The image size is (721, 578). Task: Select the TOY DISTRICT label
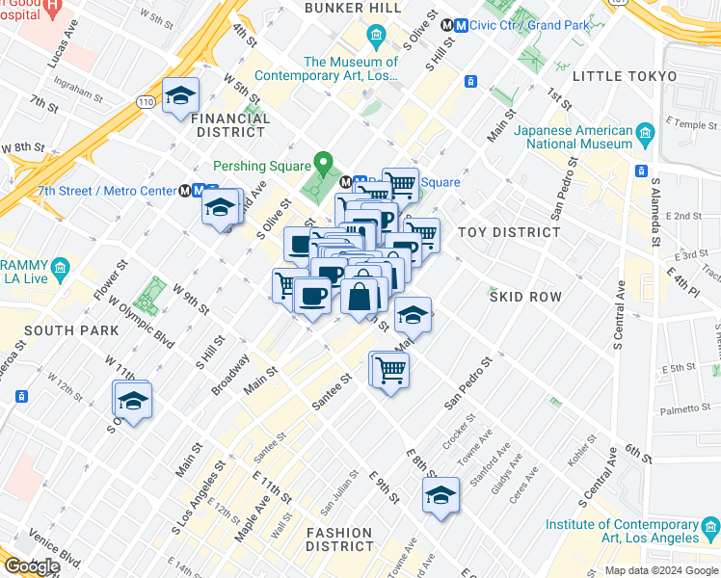(x=508, y=232)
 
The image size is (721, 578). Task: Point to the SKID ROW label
(x=525, y=297)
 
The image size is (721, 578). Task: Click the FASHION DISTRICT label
(x=339, y=539)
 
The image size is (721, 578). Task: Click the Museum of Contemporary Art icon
(x=377, y=38)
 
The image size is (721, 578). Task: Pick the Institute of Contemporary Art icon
(x=710, y=526)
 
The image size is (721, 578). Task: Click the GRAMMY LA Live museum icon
(x=61, y=266)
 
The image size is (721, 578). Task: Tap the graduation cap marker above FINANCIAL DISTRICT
(x=180, y=96)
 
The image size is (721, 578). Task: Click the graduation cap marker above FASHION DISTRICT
(x=441, y=495)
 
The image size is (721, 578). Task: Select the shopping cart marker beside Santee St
(x=390, y=369)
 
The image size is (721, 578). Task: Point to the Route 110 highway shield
(x=145, y=101)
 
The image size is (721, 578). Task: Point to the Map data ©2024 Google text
(x=660, y=570)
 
